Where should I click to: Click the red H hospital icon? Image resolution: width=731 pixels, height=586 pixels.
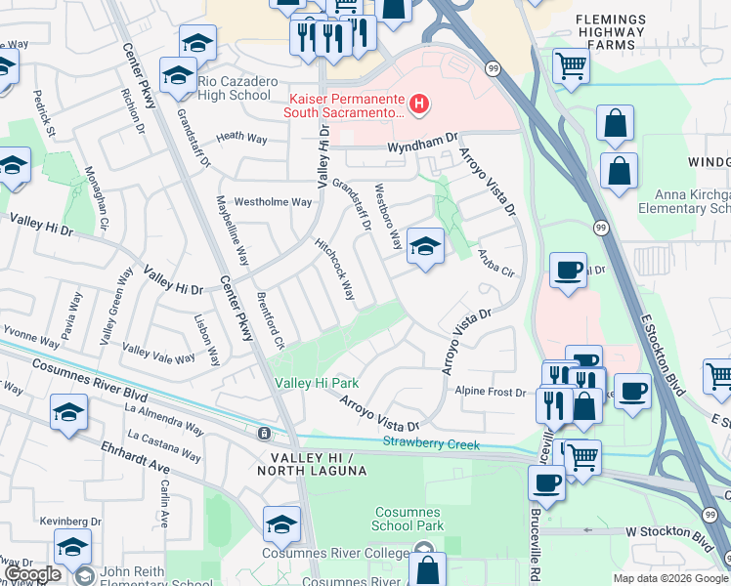(420, 104)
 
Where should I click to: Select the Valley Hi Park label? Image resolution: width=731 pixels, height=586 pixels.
(317, 383)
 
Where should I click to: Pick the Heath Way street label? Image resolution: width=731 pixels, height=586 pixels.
(241, 139)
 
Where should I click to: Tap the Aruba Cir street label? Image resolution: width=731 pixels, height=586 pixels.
(495, 263)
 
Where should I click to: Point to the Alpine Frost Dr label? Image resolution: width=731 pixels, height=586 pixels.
(491, 393)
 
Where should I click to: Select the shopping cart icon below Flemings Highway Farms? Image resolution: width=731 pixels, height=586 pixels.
(572, 66)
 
